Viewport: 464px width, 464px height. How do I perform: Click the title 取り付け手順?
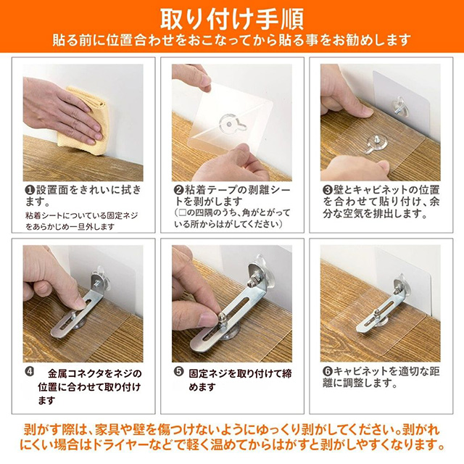(x=232, y=20)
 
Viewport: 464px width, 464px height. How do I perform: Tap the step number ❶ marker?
(x=30, y=190)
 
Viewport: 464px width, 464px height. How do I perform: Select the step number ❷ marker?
(x=179, y=190)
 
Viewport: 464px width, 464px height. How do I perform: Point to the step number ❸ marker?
(x=327, y=190)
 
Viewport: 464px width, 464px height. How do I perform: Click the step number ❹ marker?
(x=30, y=372)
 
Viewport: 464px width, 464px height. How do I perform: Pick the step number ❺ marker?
(x=179, y=372)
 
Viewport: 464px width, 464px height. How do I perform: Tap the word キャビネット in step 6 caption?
(x=361, y=371)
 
